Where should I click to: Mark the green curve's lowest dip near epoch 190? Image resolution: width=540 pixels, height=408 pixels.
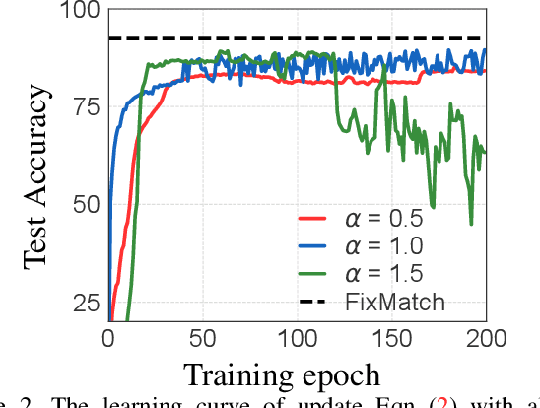[470, 223]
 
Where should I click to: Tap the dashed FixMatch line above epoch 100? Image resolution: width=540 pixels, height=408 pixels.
[298, 38]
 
